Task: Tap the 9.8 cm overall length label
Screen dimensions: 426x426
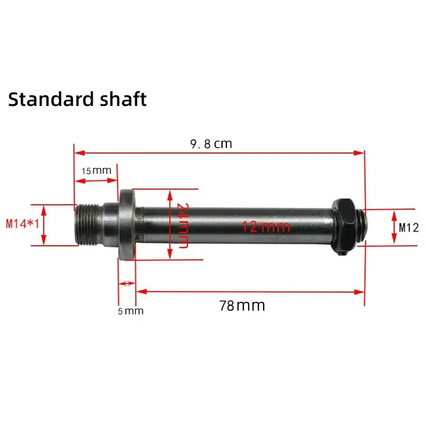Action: pyautogui.click(x=211, y=144)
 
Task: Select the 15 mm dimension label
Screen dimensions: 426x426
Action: pyautogui.click(x=96, y=171)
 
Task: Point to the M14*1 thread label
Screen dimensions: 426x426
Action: pyautogui.click(x=22, y=224)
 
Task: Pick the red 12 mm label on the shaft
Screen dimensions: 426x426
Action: pyautogui.click(x=266, y=227)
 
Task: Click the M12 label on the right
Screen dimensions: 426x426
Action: pyautogui.click(x=409, y=228)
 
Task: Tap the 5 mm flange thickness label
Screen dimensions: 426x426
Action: pyautogui.click(x=130, y=310)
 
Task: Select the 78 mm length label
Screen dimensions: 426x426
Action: pyautogui.click(x=242, y=306)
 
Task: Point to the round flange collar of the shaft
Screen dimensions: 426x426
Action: pyautogui.click(x=126, y=225)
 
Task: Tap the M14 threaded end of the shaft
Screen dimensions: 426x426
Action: pyautogui.click(x=88, y=224)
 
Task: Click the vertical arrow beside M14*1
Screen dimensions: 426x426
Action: pyautogui.click(x=44, y=225)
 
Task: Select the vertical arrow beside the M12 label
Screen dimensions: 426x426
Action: pyautogui.click(x=394, y=227)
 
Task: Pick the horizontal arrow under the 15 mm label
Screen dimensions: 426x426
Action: pyautogui.click(x=96, y=181)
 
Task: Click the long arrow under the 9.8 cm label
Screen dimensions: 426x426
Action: pyautogui.click(x=219, y=153)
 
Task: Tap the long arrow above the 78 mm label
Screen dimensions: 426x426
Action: pyautogui.click(x=250, y=291)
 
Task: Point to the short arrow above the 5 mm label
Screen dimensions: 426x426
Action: pyautogui.click(x=127, y=284)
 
